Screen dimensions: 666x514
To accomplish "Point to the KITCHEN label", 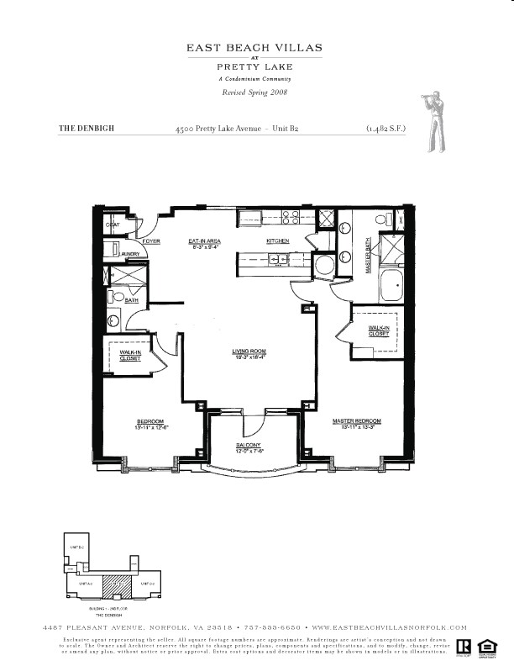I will pos(278,240).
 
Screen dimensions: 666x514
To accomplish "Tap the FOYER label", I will pos(151,241).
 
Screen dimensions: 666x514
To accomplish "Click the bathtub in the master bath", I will pos(391,286).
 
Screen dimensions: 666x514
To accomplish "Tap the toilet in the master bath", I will pos(382,220).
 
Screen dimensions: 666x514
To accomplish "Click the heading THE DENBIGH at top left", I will pos(86,129).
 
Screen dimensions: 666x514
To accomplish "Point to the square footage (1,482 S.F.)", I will pos(385,129).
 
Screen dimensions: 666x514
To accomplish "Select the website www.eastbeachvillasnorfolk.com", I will pos(389,627).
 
